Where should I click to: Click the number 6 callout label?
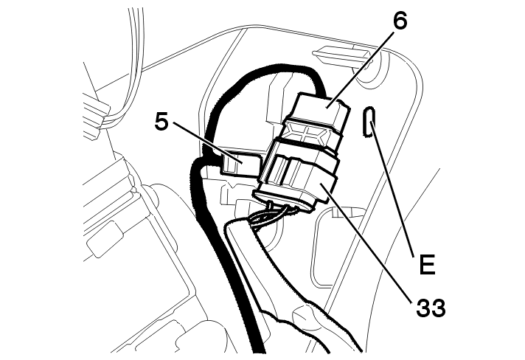click(x=400, y=21)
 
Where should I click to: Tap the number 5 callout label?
click(x=162, y=121)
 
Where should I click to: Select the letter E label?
click(x=425, y=263)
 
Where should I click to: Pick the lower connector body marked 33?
click(x=302, y=177)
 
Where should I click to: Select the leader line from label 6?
click(x=365, y=66)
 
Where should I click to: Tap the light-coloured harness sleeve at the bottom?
click(x=295, y=295)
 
